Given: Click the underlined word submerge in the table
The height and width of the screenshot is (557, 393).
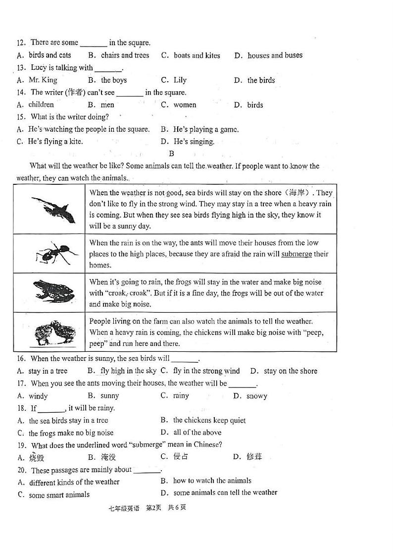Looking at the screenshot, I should tap(296, 254).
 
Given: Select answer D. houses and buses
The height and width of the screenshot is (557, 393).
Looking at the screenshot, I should tap(268, 56).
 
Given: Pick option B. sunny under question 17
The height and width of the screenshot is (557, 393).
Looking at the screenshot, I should tap(103, 396).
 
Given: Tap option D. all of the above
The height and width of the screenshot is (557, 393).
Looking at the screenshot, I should tap(191, 433).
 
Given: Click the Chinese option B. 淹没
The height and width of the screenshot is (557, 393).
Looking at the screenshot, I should tap(102, 457).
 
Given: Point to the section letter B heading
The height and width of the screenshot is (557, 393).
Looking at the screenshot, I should tap(172, 154).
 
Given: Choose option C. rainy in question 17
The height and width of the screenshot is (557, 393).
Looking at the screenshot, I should tap(175, 396).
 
